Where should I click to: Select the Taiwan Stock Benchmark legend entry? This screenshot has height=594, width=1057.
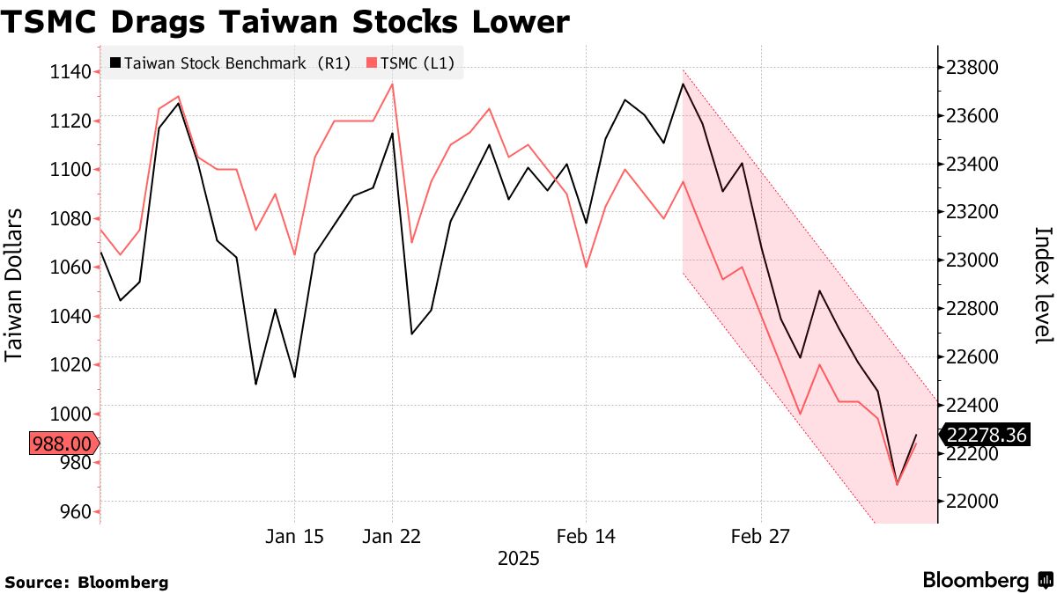click(231, 63)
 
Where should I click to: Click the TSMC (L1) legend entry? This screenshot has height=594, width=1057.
click(411, 63)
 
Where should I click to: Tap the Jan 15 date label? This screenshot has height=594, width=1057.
click(294, 536)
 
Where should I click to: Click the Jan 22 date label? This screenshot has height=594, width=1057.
click(392, 536)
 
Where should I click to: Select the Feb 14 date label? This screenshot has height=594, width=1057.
click(586, 536)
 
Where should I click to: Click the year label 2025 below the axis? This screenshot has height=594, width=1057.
click(519, 559)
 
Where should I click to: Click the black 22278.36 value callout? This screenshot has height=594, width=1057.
click(987, 435)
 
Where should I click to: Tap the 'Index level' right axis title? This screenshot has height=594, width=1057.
click(1043, 285)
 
